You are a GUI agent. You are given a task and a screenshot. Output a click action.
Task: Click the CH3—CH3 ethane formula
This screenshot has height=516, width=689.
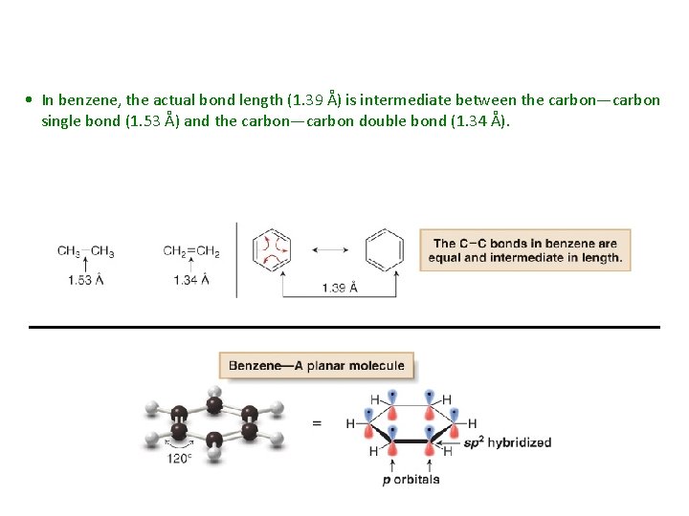click(x=85, y=251)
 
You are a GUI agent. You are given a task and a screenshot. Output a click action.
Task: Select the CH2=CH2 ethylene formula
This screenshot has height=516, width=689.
click(x=191, y=251)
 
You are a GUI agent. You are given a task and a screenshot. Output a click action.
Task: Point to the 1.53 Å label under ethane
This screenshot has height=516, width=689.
click(x=85, y=280)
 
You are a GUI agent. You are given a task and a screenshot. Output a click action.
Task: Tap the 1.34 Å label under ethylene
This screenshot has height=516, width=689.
click(x=191, y=280)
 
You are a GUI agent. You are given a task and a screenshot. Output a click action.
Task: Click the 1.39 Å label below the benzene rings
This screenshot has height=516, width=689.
click(x=340, y=287)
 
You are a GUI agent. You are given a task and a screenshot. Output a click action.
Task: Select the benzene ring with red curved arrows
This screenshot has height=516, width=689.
click(x=272, y=249)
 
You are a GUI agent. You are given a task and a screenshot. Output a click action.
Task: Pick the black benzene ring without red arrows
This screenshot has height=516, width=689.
click(x=385, y=249)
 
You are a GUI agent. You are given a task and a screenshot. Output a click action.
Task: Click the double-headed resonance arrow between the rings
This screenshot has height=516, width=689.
click(x=328, y=249)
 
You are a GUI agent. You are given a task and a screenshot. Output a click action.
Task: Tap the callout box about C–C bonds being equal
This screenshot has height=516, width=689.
click(x=524, y=250)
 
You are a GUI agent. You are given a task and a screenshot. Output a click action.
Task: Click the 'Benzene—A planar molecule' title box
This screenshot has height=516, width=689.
click(x=317, y=365)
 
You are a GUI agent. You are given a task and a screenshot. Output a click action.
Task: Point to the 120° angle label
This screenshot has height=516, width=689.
click(x=180, y=457)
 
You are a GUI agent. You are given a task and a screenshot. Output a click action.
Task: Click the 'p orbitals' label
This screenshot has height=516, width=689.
click(x=411, y=479)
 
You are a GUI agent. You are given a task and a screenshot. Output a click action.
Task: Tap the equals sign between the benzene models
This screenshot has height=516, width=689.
click(x=317, y=422)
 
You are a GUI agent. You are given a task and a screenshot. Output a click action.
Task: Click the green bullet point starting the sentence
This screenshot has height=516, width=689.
click(x=32, y=100)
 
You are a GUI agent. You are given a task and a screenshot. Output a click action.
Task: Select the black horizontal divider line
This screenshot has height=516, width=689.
click(x=344, y=327)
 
